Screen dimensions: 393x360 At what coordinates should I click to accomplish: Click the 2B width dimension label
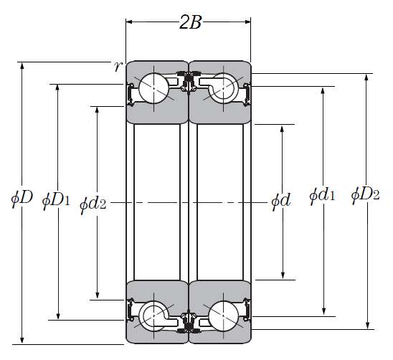coord(191,23)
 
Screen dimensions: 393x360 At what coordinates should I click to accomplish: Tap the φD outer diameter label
coord(22,199)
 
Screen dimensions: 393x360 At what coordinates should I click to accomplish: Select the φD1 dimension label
coord(56,201)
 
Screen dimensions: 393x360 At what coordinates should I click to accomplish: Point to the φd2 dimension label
coord(93,204)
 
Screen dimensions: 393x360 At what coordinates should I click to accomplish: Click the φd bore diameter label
coord(281,201)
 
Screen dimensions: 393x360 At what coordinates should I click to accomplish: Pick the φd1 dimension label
coord(322,196)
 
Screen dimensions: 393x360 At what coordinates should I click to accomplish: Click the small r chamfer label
coord(118,67)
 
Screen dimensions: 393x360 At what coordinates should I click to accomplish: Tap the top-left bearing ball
coord(153,88)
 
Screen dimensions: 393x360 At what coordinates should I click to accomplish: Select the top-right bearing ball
coord(223,88)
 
